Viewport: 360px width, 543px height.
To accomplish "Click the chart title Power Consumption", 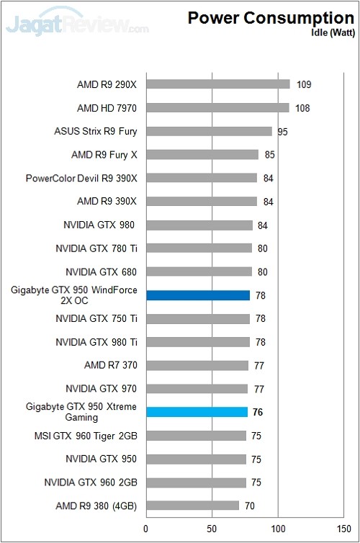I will [271, 18].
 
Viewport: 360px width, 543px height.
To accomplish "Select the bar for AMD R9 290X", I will [217, 84].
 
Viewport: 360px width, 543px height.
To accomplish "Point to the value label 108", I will [303, 108].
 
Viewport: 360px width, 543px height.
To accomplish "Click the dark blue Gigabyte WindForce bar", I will [197, 295].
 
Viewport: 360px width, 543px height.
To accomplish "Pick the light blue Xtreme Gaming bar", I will [197, 412].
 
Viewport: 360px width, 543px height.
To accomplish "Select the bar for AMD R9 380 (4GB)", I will [192, 506].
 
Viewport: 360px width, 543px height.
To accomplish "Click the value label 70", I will [250, 506].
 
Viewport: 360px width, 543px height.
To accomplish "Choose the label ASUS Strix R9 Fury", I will [95, 131].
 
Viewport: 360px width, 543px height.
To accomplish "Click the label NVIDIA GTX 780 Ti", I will [96, 248].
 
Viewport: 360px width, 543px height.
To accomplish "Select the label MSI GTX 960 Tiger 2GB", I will [85, 436].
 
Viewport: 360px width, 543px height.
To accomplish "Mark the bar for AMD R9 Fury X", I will [202, 155].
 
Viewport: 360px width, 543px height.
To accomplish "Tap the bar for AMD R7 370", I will [197, 365].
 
